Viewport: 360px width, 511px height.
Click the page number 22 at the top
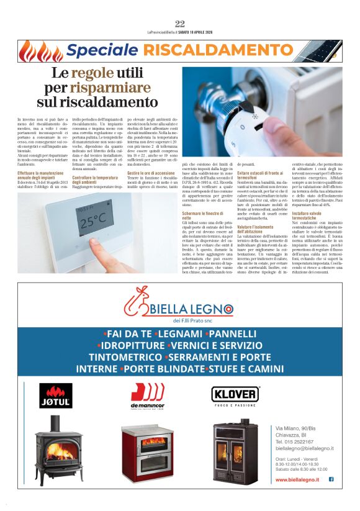coord(180,24)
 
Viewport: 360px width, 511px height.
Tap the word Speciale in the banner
coord(102,50)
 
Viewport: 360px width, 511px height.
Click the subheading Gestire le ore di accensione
coord(150,173)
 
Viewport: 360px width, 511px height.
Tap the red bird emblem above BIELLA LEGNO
coord(139,302)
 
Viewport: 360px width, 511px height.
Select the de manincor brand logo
coord(147,396)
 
